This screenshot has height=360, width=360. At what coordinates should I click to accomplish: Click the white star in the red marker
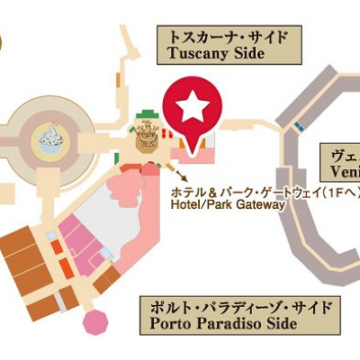pos(191,108)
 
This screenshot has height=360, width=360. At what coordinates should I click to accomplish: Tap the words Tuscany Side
pos(216,54)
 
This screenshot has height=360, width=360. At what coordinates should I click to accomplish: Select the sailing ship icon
pos(147,136)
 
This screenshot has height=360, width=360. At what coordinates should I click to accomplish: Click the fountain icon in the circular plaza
pos(48,138)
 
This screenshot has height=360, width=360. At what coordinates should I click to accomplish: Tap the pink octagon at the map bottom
pos(94,321)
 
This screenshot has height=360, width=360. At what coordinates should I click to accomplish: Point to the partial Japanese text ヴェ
pos(346,154)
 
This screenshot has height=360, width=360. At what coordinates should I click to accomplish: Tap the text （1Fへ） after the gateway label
pos(337,191)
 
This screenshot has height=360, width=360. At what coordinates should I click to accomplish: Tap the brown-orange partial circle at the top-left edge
pos(3,41)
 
